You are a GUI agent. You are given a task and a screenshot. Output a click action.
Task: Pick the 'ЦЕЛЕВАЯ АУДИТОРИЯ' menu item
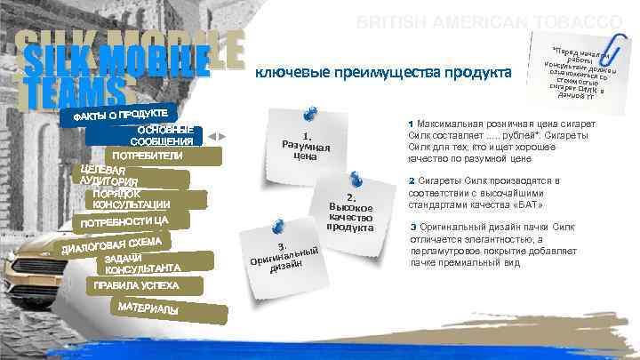(106, 176)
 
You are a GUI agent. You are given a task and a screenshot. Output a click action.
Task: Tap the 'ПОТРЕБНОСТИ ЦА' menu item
(124, 221)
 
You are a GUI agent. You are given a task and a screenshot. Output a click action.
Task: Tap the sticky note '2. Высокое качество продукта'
(349, 212)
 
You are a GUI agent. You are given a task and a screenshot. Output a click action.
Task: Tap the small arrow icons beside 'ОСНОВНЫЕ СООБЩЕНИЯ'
(217, 136)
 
